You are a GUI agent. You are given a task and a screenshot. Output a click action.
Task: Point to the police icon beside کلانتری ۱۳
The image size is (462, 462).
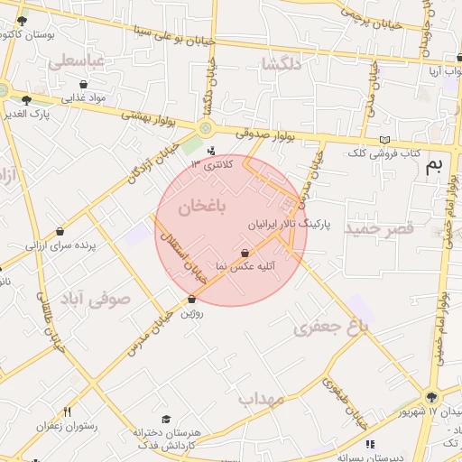[x=211, y=151]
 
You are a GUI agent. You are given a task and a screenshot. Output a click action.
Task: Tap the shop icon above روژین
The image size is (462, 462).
[x=191, y=300]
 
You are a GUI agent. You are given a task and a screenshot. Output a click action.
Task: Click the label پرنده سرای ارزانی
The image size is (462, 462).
[x=60, y=245]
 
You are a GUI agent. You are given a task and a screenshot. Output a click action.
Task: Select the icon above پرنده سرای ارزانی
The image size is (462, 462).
[x=60, y=232]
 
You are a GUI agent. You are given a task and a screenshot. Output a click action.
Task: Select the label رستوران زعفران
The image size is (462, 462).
[x=67, y=425]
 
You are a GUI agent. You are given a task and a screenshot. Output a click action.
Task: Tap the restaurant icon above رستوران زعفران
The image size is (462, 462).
[x=67, y=411]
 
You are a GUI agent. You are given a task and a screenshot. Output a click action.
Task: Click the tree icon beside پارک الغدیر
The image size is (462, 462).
[x=26, y=100]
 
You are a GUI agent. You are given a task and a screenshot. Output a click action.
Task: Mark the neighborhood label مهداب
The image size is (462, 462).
[x=261, y=397]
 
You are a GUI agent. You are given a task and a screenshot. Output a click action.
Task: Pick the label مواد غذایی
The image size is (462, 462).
[x=86, y=97]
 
